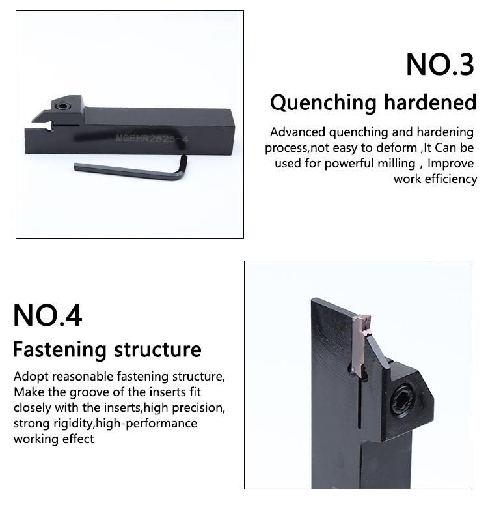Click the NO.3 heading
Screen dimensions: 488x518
click(x=440, y=65)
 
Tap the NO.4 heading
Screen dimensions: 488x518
click(x=47, y=316)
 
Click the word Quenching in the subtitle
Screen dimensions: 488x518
click(x=323, y=103)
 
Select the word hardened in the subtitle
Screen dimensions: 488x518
click(x=430, y=102)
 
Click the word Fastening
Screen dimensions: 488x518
click(x=60, y=350)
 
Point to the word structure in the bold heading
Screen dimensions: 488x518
click(x=157, y=349)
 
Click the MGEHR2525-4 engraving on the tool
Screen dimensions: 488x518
click(x=152, y=138)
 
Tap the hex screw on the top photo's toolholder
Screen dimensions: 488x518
click(x=62, y=106)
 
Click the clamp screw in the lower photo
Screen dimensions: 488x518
click(x=401, y=401)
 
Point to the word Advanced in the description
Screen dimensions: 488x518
click(x=297, y=132)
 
